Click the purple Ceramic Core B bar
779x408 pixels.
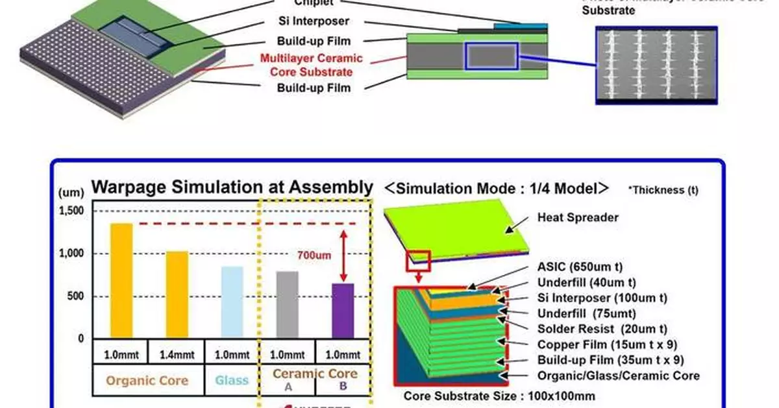coord(343,311)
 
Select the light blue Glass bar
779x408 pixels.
coord(232,302)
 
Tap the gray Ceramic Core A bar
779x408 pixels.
coord(287,305)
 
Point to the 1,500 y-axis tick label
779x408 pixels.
coord(71,211)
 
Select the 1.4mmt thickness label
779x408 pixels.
coord(177,355)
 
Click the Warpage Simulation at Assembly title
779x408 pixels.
coord(232,187)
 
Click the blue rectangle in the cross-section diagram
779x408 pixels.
coord(491,56)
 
